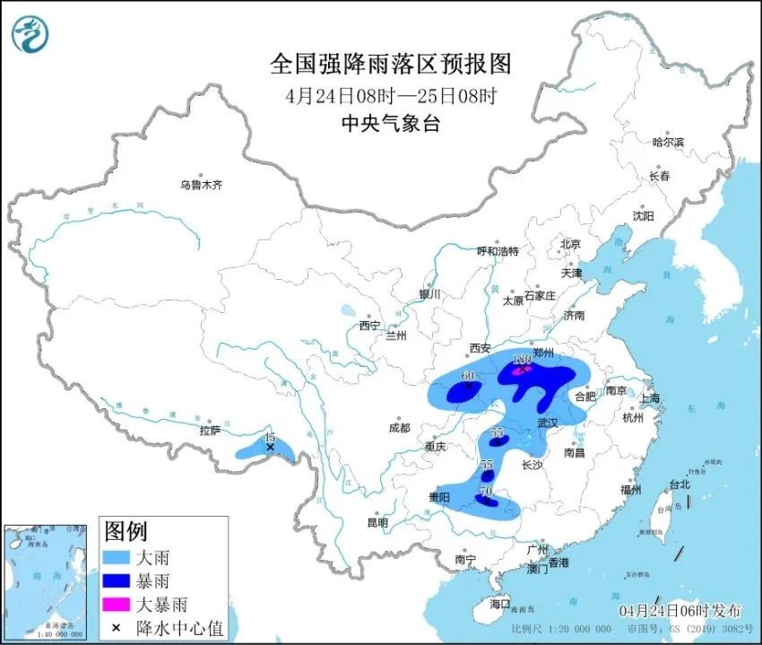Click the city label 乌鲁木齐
(199, 185)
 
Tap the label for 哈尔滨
(668, 142)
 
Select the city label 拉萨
(210, 430)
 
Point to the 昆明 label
(377, 522)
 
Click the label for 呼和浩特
(498, 251)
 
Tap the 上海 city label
(649, 398)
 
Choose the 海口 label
(498, 603)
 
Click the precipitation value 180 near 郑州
(522, 359)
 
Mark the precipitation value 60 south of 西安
(467, 376)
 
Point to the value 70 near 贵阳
(487, 492)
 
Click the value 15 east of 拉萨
(269, 438)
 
